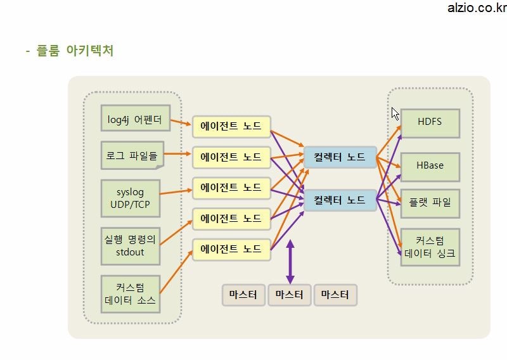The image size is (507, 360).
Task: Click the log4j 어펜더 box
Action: (136, 118)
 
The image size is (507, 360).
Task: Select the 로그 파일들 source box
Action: (132, 155)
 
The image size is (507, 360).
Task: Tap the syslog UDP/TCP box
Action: (131, 198)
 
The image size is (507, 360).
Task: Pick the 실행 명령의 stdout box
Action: (131, 246)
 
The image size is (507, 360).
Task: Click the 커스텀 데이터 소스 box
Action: (131, 294)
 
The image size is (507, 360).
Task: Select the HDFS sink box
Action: (430, 123)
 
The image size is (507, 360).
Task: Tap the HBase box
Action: (430, 167)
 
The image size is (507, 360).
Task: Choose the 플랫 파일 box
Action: (430, 203)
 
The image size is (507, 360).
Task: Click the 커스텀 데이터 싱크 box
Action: (430, 247)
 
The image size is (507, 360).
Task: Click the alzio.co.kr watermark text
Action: (477, 8)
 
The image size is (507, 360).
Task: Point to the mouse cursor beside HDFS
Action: (395, 114)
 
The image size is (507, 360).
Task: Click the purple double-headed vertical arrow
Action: (290, 262)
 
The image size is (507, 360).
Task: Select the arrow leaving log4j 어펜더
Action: (181, 122)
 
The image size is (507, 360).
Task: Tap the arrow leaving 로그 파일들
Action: (177, 153)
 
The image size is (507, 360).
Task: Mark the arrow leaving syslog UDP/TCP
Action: (176, 192)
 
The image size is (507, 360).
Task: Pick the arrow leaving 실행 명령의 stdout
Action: (176, 232)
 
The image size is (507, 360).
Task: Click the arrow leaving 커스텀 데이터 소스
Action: (176, 272)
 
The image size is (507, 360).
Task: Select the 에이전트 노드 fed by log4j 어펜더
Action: (231, 127)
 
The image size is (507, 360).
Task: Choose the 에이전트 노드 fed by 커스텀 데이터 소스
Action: (231, 250)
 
